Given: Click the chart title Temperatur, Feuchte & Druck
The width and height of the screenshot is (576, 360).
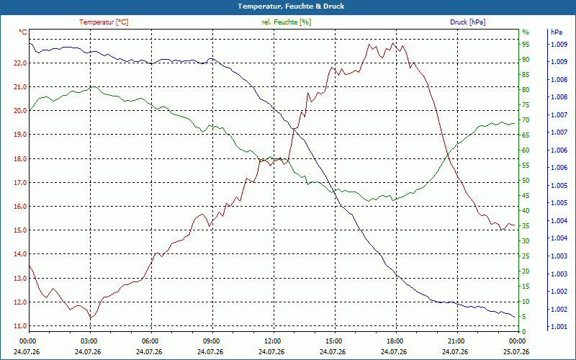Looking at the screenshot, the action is point(291,6).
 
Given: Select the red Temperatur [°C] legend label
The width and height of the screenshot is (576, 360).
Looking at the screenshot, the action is point(104,22).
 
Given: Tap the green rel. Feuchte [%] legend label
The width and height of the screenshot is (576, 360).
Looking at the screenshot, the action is point(286,22).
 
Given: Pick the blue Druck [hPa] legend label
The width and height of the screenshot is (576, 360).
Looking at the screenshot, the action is point(467,22).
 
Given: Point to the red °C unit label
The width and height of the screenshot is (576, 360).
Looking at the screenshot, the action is point(23,32).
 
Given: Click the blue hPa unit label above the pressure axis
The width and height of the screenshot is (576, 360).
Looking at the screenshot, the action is point(556,32).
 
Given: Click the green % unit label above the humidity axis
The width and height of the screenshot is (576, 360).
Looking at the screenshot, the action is point(526,32).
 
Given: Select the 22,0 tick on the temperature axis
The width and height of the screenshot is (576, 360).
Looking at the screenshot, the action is point(20,63).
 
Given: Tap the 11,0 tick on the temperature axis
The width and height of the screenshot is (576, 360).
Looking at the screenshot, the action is point(20,326).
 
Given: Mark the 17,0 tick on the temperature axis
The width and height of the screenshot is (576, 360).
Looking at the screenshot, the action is point(20,183).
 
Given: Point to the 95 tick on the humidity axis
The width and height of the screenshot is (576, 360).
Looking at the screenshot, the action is point(526,45).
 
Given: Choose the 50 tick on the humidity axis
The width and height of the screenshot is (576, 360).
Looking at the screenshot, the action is point(526,181).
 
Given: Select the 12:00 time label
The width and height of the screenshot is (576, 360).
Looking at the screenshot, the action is point(274,341).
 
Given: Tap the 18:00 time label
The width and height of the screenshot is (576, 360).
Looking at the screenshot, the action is point(395,341).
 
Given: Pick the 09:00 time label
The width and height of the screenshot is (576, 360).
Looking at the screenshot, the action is point(212,341).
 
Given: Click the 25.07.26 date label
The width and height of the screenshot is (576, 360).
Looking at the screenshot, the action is point(516,351).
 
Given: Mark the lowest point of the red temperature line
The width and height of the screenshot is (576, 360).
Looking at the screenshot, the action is point(91,318).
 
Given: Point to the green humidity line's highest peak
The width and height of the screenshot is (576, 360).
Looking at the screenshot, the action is point(94,86).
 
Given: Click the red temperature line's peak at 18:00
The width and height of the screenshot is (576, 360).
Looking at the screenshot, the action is point(392,43).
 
